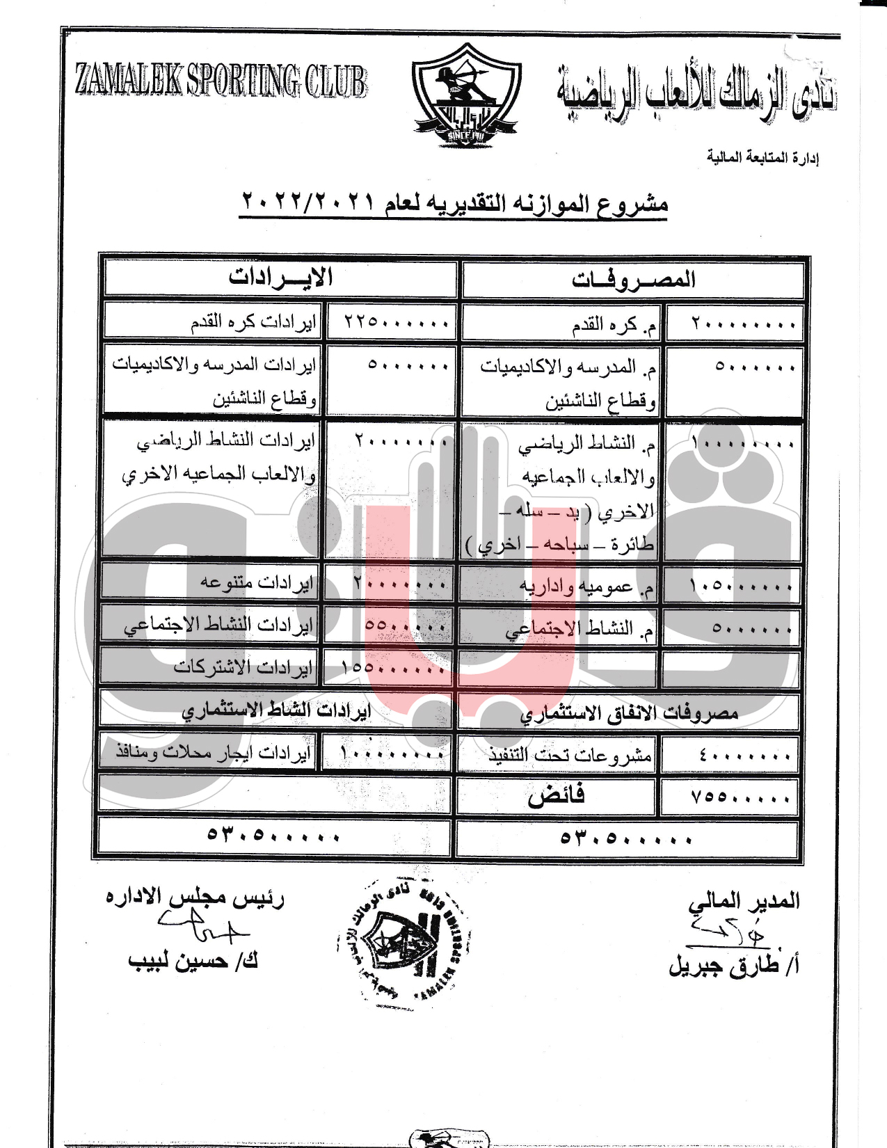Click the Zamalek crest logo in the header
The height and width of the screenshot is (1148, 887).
465,95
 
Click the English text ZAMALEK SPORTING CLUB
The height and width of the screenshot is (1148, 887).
221,81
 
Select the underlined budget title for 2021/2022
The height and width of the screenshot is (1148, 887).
454,203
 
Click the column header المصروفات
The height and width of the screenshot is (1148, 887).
633,280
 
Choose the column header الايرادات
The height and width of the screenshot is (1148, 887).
280,278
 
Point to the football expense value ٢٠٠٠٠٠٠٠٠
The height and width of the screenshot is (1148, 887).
742,324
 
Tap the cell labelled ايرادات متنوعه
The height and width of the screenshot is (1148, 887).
257,582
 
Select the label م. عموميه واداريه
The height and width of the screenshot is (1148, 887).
587,587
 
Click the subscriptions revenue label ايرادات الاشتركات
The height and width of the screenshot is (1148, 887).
243,667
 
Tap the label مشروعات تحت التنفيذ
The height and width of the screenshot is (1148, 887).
570,755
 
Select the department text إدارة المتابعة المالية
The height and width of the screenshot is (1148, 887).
762,158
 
